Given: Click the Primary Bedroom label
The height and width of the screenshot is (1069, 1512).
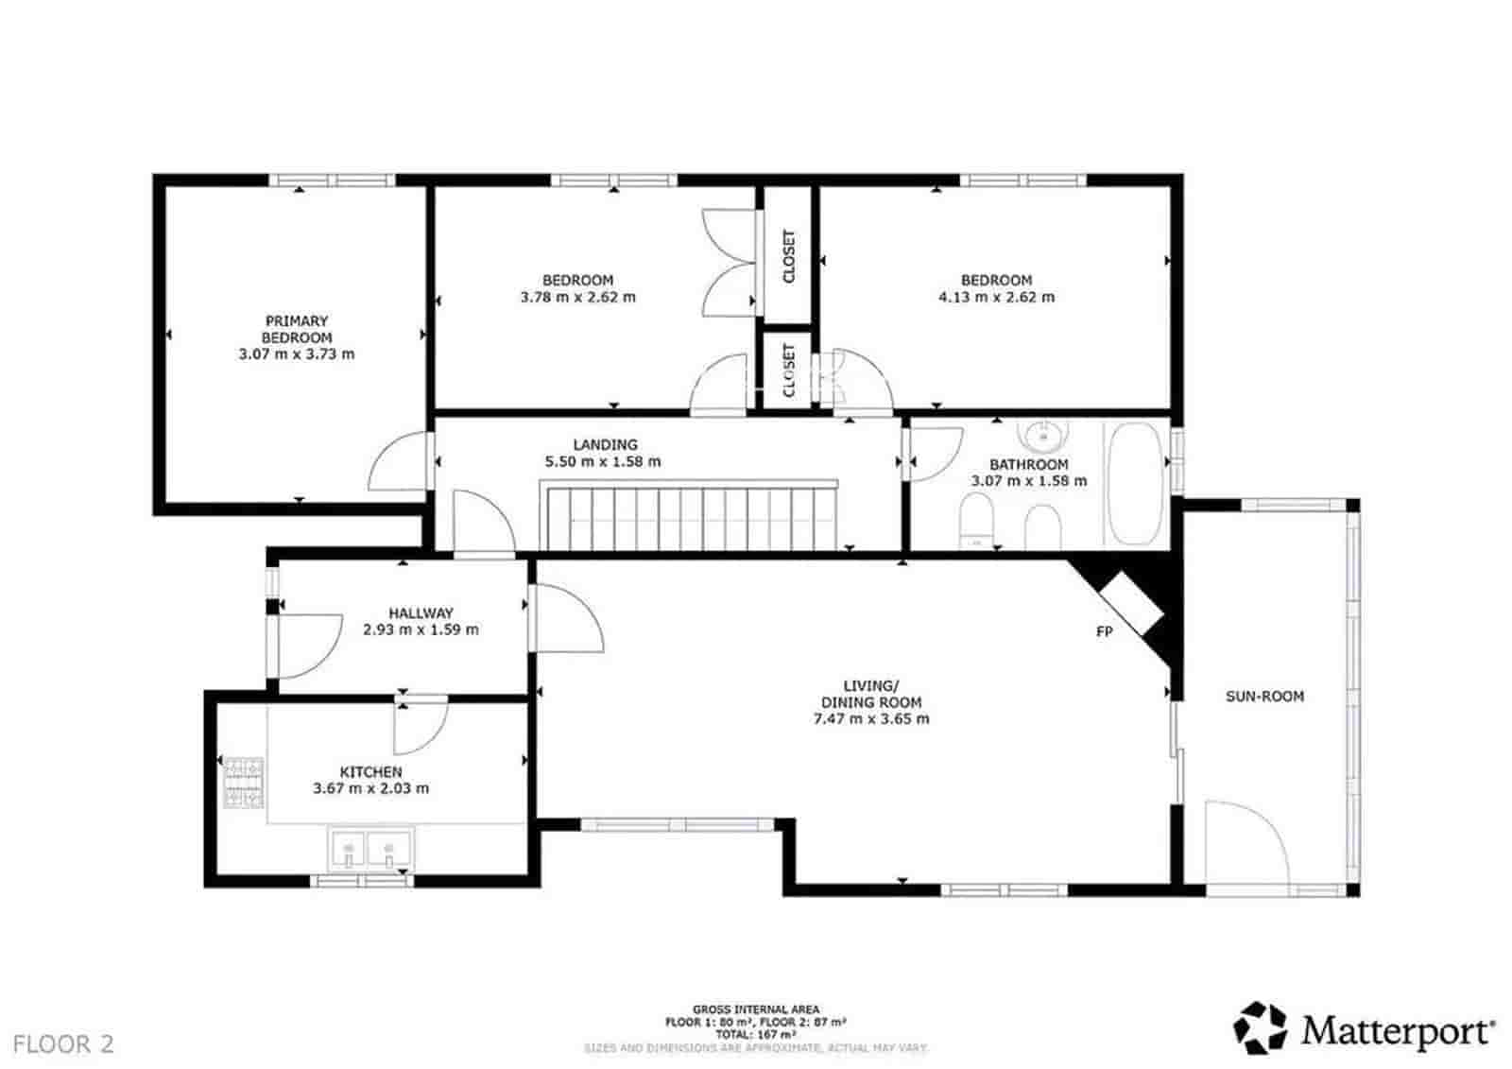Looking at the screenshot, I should [297, 329].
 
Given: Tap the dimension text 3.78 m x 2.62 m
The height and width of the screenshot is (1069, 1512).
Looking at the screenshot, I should [577, 297].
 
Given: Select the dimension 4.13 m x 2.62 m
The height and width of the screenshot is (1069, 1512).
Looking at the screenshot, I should [996, 297].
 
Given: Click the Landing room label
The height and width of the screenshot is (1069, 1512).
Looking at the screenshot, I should [605, 444].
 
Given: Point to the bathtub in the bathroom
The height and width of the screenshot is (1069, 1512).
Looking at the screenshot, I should [1134, 483].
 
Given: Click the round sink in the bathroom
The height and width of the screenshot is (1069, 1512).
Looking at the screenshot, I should [1043, 437].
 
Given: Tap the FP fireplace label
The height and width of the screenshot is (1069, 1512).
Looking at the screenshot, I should [1104, 631].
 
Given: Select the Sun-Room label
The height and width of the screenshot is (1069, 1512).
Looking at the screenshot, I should [1264, 697].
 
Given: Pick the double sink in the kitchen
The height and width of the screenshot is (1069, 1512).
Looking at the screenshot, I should [370, 848].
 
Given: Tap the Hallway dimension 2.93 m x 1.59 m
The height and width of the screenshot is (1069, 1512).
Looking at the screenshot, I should [421, 629].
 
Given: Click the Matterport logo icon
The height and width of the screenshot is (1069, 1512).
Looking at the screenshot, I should [1261, 1028].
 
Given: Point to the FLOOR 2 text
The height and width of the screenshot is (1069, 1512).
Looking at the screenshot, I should [63, 1044].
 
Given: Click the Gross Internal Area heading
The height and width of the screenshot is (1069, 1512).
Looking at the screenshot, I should [756, 1009].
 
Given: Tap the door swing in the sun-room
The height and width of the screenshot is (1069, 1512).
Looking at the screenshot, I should [1247, 846].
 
